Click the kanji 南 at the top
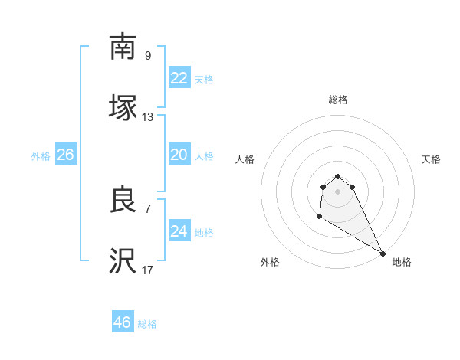(x=123, y=47)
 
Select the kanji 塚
(x=123, y=109)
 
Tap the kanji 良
(x=123, y=201)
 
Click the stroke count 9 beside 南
(x=148, y=55)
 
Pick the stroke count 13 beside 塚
(x=148, y=117)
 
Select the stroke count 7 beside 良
(x=148, y=208)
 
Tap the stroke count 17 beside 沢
(x=148, y=270)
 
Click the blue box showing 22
(x=179, y=78)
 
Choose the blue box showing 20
(x=179, y=155)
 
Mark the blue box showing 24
(x=179, y=231)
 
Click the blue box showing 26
(x=66, y=155)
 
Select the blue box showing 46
(x=123, y=322)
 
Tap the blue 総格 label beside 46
(x=147, y=324)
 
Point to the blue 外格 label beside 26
(x=41, y=156)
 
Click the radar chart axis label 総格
(x=338, y=100)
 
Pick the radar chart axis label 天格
(x=431, y=159)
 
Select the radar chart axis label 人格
(x=245, y=159)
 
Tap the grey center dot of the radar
(x=338, y=191)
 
